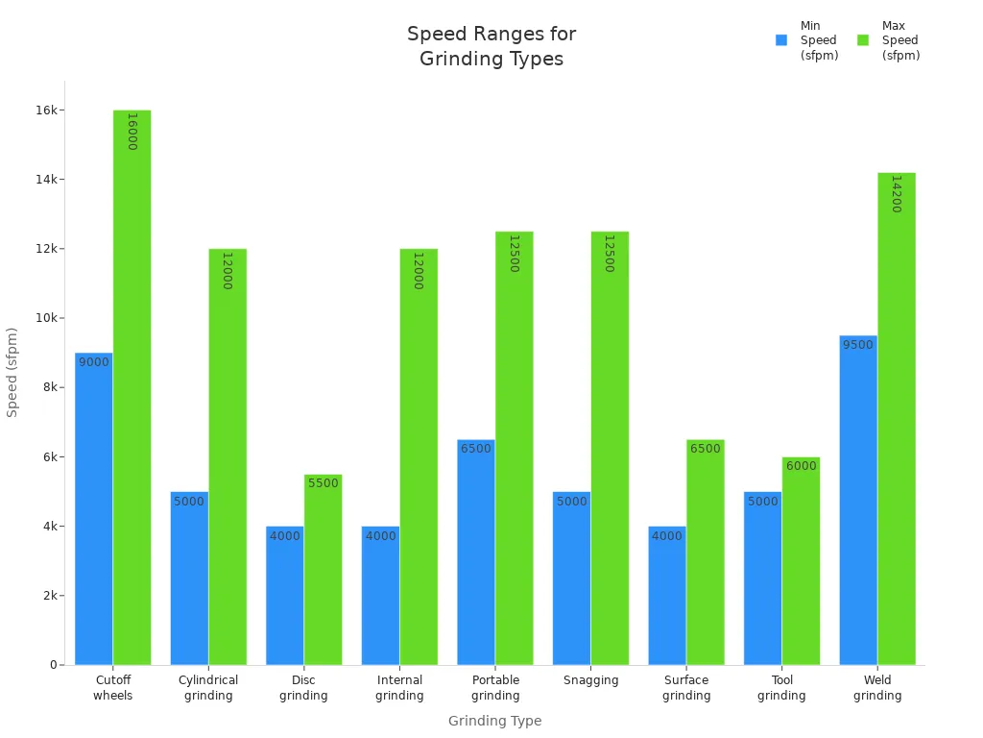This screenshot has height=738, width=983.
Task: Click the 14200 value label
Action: coord(896,194)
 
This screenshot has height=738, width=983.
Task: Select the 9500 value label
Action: coord(857,345)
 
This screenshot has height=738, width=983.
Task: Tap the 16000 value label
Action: coord(132,132)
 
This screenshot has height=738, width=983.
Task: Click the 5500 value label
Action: coord(323,483)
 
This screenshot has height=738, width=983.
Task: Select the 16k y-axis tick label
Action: coord(45,111)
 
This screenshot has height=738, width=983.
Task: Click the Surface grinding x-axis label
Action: coord(686,688)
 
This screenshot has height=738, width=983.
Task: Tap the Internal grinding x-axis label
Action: coord(399,688)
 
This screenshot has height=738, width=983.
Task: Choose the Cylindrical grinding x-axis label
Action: coord(208,688)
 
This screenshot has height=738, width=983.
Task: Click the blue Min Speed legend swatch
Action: coord(781,40)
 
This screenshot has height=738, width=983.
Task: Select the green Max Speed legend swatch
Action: coord(863,40)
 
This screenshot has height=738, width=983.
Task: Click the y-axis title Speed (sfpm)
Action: coord(12,372)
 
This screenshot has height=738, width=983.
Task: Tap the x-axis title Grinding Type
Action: coord(494,721)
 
